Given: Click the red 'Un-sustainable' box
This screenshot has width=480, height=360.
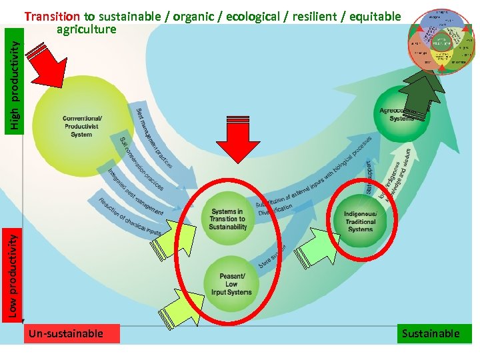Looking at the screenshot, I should coord(71,333).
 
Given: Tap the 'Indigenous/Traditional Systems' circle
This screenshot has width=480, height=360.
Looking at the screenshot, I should coord(361,221).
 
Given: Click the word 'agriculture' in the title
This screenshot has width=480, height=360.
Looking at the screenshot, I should coord(87,29).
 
